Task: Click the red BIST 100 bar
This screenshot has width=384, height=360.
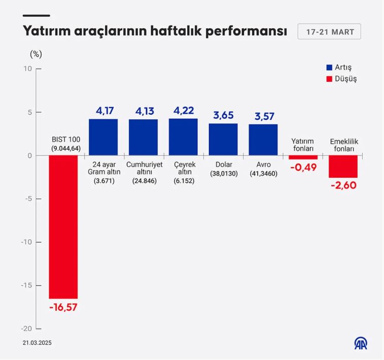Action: [63, 227]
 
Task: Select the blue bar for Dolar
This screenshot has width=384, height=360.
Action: [223, 139]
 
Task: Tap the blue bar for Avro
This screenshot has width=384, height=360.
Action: [263, 140]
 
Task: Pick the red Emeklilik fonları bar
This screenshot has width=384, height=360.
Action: [343, 167]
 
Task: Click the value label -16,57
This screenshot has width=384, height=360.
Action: [63, 307]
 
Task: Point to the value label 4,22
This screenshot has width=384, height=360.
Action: [183, 111]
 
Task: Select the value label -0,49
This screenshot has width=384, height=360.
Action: [303, 167]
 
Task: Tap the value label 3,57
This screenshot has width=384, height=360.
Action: [263, 116]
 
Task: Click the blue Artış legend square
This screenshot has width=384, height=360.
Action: [329, 68]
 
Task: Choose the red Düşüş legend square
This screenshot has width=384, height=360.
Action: [329, 79]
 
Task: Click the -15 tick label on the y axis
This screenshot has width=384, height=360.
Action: [26, 285]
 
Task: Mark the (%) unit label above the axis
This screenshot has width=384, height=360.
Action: [36, 53]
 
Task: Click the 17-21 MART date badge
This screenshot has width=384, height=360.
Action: [329, 31]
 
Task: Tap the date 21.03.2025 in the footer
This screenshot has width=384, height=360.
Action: [37, 343]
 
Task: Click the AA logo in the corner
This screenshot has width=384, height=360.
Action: [361, 343]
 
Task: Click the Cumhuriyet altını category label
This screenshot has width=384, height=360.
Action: [143, 172]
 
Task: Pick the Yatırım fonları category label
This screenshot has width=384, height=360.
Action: [303, 145]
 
